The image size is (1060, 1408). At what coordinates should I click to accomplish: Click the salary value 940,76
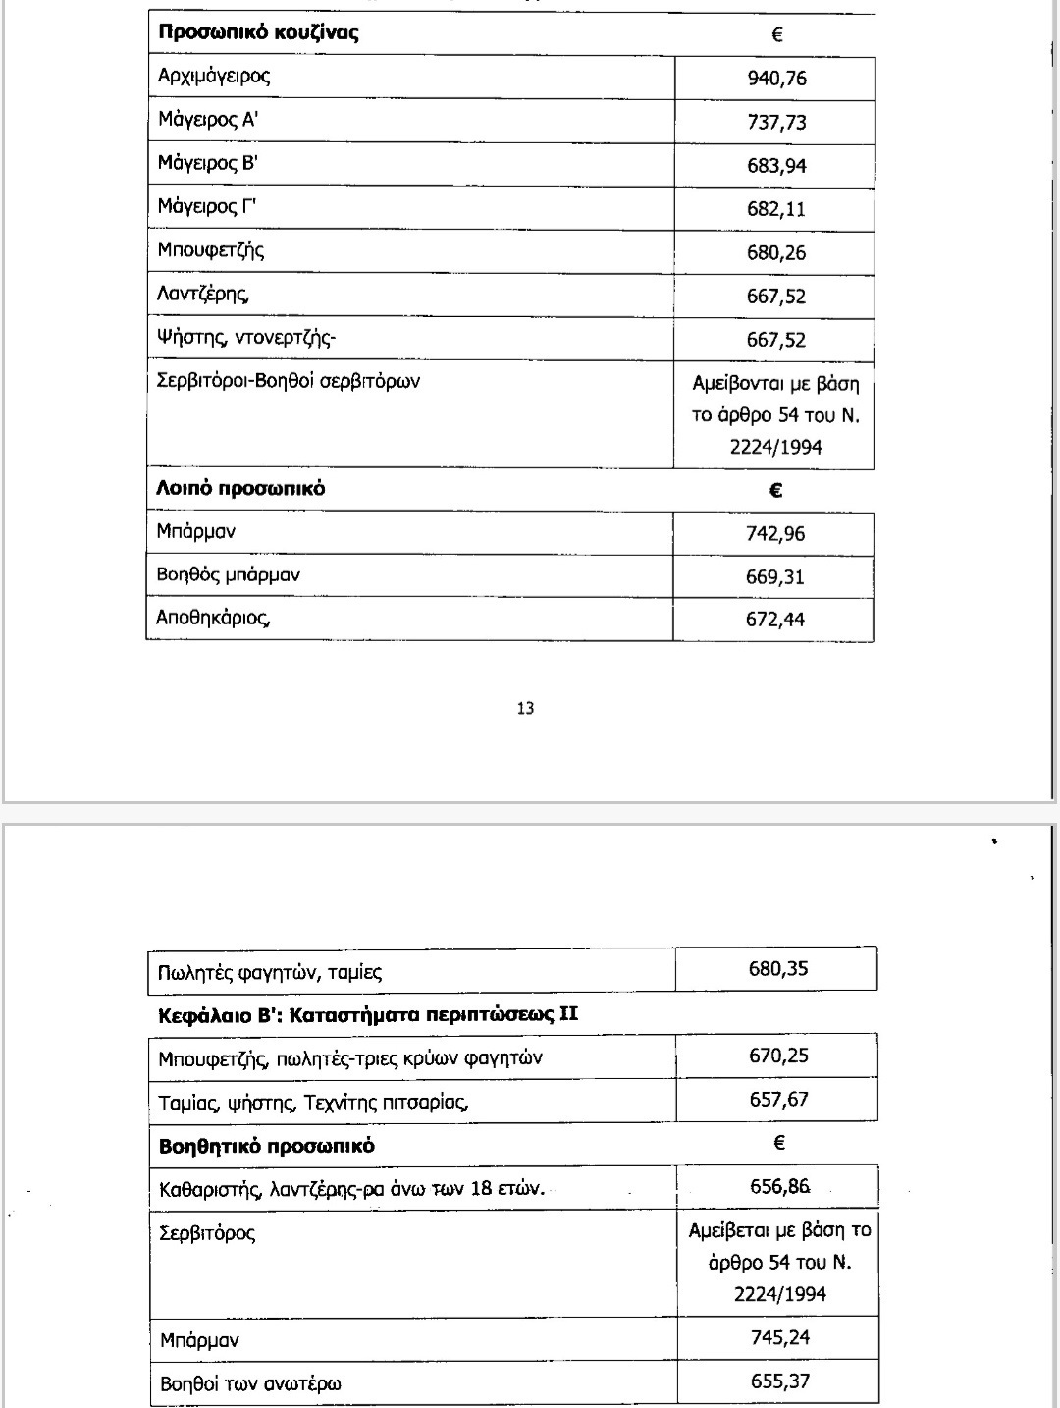pyautogui.click(x=776, y=79)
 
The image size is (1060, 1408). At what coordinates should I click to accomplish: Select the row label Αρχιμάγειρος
pyautogui.click(x=214, y=76)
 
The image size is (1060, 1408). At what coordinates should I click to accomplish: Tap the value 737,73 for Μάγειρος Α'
pyautogui.click(x=776, y=123)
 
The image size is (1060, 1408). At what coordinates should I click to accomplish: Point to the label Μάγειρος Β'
pyautogui.click(x=207, y=163)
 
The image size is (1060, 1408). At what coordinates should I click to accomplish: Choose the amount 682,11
pyautogui.click(x=776, y=209)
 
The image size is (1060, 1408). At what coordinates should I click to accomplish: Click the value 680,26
pyautogui.click(x=776, y=253)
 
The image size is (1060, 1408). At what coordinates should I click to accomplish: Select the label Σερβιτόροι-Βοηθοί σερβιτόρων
pyautogui.click(x=289, y=381)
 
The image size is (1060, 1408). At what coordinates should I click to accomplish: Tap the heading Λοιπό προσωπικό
pyautogui.click(x=241, y=488)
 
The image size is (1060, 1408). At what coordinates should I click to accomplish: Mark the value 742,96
pyautogui.click(x=775, y=534)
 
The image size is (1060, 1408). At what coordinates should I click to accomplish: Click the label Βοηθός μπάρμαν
pyautogui.click(x=229, y=575)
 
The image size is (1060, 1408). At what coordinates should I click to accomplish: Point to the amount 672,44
pyautogui.click(x=775, y=620)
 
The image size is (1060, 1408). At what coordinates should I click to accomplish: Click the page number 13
pyautogui.click(x=525, y=708)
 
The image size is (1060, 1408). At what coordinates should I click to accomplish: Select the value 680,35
pyautogui.click(x=778, y=969)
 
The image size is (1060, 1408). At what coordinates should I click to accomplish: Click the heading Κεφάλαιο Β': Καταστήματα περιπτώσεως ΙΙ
pyautogui.click(x=368, y=1014)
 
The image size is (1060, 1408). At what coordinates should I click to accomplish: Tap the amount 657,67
pyautogui.click(x=778, y=1099)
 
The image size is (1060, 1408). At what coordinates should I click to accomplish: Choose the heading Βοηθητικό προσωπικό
pyautogui.click(x=267, y=1146)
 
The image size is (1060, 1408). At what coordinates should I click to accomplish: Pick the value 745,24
pyautogui.click(x=779, y=1337)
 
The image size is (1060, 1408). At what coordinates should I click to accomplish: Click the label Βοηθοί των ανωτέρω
pyautogui.click(x=250, y=1383)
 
